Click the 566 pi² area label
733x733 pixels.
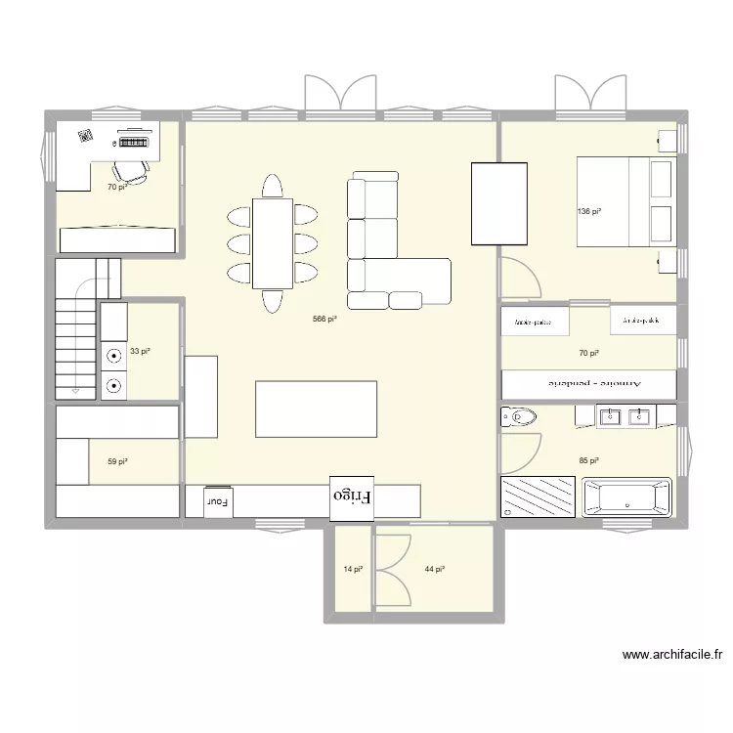click(325, 319)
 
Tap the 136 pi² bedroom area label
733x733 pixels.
click(588, 211)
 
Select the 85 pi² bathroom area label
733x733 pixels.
click(588, 460)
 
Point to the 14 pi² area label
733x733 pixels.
click(353, 569)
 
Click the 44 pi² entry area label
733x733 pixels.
click(435, 569)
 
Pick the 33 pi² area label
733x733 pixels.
click(140, 351)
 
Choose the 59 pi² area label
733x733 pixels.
click(117, 460)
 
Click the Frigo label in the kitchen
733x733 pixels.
click(353, 496)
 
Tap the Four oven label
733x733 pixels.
click(217, 501)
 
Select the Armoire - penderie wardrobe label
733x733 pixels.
click(588, 384)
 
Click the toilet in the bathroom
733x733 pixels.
click(519, 418)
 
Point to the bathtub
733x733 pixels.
click(626, 497)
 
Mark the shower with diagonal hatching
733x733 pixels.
click(537, 497)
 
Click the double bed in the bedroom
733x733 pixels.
click(626, 203)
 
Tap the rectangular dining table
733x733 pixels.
click(273, 242)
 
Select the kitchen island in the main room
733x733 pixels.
click(316, 409)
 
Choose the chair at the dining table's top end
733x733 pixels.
click(273, 185)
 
